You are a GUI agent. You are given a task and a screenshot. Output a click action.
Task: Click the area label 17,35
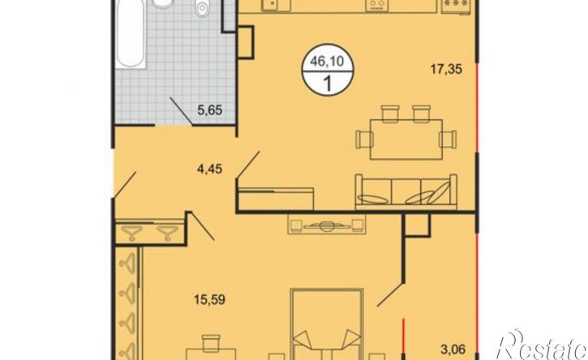coord(446,70)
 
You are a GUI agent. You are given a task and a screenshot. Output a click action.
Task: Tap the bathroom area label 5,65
coord(210,110)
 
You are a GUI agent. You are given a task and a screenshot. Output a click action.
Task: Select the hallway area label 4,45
coord(209,169)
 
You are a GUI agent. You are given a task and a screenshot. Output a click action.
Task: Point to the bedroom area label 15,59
coord(209,299)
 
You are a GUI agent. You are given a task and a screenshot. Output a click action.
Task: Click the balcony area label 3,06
coord(453,349)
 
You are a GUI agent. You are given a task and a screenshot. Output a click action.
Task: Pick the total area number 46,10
coord(327,61)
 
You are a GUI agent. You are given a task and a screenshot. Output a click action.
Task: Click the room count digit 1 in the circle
coord(328,84)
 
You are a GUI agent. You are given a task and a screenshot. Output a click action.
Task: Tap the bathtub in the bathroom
coord(130,34)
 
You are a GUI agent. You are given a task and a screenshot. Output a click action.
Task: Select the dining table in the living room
coord(406,139)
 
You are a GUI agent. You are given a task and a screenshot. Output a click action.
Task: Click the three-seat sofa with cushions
coord(406,191)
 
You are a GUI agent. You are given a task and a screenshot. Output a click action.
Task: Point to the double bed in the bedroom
coord(327,324)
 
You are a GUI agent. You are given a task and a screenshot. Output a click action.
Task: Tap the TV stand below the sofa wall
coord(326,225)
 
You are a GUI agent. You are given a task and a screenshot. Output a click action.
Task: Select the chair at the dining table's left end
coord(364,139)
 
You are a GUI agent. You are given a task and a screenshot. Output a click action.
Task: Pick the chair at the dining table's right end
coord(449,139)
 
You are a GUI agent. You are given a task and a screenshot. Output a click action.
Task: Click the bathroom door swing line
coord(181,111)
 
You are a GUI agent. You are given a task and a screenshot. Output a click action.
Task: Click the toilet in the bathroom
coord(201,8)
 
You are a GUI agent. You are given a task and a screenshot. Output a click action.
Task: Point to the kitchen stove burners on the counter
coord(378,5)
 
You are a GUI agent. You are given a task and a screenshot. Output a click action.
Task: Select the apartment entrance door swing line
coord(125,185)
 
